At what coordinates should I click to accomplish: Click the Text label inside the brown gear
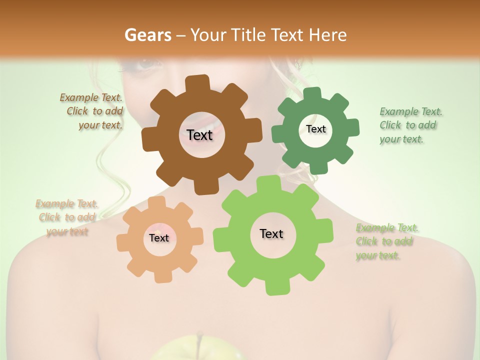(x=199, y=135)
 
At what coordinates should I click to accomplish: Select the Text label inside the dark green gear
(x=315, y=129)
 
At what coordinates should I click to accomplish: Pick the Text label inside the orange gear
(x=159, y=238)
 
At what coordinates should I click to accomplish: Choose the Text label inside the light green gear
(x=271, y=233)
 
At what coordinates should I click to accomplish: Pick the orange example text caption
(x=67, y=217)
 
